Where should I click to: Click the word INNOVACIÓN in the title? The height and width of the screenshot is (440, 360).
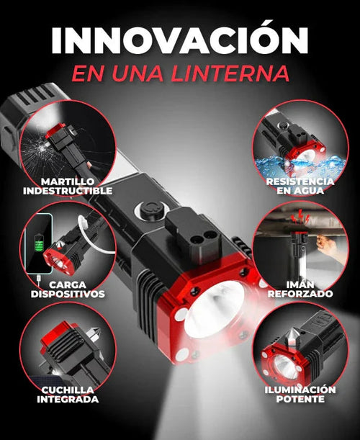179,40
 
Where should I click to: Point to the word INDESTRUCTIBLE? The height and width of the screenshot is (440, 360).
67,191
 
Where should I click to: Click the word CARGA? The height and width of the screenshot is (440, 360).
67,284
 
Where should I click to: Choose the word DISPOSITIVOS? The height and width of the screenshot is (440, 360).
67,295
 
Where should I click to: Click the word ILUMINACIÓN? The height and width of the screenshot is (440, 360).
299,390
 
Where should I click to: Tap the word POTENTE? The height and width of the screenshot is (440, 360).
299,400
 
